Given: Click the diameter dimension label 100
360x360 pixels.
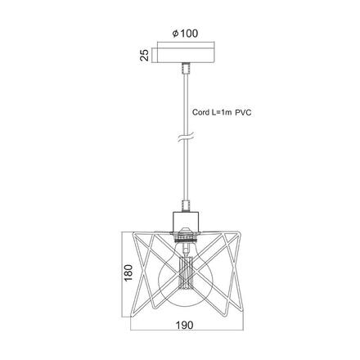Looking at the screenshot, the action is coord(189,34).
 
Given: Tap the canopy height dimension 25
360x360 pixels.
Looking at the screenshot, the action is coord(145,55).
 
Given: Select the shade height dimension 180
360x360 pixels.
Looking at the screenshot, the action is coord(128,272).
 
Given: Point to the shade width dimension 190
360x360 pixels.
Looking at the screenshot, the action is coord(184,325).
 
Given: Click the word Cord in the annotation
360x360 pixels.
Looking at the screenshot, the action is coord(200,112).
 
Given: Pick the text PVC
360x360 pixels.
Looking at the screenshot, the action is coord(243,113).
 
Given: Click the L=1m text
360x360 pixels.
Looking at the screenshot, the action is coord(222,112).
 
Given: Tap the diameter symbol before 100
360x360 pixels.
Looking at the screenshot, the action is coord(176,34).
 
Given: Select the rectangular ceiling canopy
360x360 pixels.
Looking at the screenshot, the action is coord(186,56).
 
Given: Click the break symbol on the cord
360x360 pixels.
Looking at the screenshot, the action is coord(186,137).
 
